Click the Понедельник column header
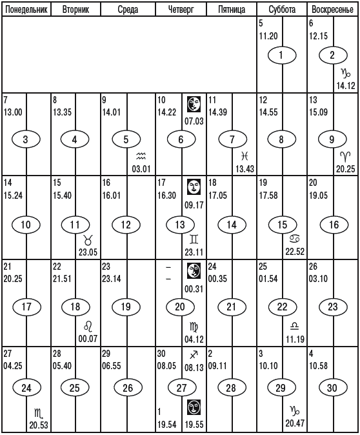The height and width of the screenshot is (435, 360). (x=26, y=10)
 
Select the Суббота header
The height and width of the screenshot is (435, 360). (x=282, y=10)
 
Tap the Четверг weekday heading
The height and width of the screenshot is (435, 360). (x=181, y=10)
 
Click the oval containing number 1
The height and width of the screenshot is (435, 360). (x=282, y=55)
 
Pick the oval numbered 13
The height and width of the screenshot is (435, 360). (x=180, y=224)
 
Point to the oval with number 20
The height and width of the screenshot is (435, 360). (x=180, y=307)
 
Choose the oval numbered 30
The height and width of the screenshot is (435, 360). (x=333, y=387)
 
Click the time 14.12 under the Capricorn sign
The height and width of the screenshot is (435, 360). (x=346, y=86)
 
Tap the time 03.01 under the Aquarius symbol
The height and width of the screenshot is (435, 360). (x=141, y=168)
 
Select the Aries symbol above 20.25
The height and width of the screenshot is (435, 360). (x=346, y=157)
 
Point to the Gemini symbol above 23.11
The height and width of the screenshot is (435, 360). (x=194, y=239)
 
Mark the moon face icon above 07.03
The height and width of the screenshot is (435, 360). (x=194, y=104)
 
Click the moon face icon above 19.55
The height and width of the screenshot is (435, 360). (x=194, y=407)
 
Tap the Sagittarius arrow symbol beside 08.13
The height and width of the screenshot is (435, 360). (x=194, y=355)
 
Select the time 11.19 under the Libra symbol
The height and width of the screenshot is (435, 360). (x=295, y=339)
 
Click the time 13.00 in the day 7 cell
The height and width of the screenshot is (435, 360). (x=13, y=112)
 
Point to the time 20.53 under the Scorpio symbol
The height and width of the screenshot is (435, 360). (x=39, y=425)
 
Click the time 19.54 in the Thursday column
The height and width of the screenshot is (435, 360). (x=167, y=425)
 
